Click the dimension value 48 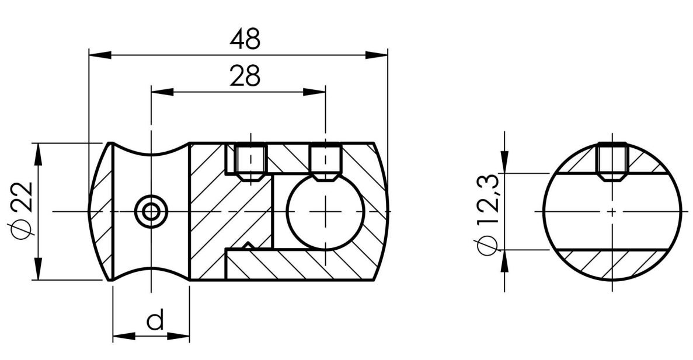[x=245, y=40]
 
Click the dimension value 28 [x=244, y=76]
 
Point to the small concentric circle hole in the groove [x=151, y=211]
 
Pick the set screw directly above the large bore [x=325, y=161]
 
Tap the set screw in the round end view [x=612, y=160]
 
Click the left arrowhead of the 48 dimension [x=99, y=55]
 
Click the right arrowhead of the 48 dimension [x=377, y=55]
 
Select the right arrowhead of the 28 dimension [x=314, y=91]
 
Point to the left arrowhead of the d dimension [x=123, y=337]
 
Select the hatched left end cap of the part [x=102, y=211]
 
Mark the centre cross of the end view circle [x=612, y=211]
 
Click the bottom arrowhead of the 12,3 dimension [x=503, y=261]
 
